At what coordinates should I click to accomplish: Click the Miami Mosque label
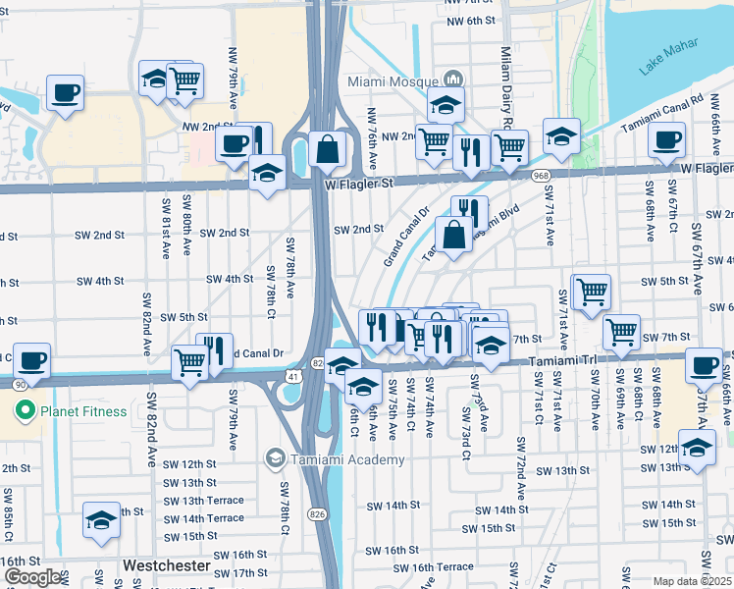(x=394, y=80)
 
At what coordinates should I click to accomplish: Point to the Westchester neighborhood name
(x=167, y=566)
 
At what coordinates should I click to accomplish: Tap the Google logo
(x=32, y=577)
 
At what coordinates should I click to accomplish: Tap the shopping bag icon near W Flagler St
(x=327, y=150)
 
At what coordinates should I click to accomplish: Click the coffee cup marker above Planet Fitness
(x=31, y=359)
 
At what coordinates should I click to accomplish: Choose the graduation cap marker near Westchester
(x=101, y=521)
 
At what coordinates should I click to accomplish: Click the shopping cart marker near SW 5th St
(x=591, y=291)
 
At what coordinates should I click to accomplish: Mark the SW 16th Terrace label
(x=433, y=567)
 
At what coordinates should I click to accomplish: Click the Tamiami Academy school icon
(x=276, y=458)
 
